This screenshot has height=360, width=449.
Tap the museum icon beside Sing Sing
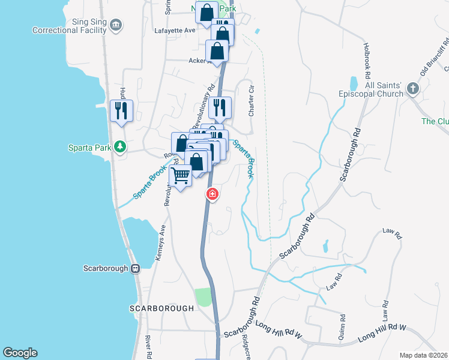(116, 25)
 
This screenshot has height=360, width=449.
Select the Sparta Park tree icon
(120, 146)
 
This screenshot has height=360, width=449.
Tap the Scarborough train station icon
(136, 268)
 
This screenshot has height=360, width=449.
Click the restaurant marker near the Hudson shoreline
(122, 111)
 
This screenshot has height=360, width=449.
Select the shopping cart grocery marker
(181, 176)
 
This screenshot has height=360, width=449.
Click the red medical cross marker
(212, 194)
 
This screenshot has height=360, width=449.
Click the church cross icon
(412, 89)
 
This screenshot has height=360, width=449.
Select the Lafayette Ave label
(175, 30)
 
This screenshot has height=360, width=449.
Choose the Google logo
(20, 353)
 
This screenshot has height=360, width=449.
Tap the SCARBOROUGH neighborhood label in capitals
(162, 308)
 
